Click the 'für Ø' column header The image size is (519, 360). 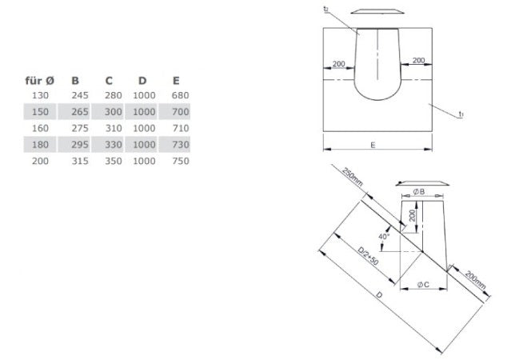[38, 80]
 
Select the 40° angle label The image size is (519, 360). [384, 237]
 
